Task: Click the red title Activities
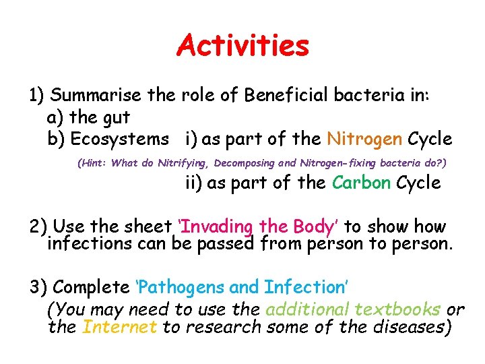pyautogui.click(x=243, y=46)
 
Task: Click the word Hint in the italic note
pyautogui.click(x=94, y=162)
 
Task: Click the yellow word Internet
pyautogui.click(x=119, y=328)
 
